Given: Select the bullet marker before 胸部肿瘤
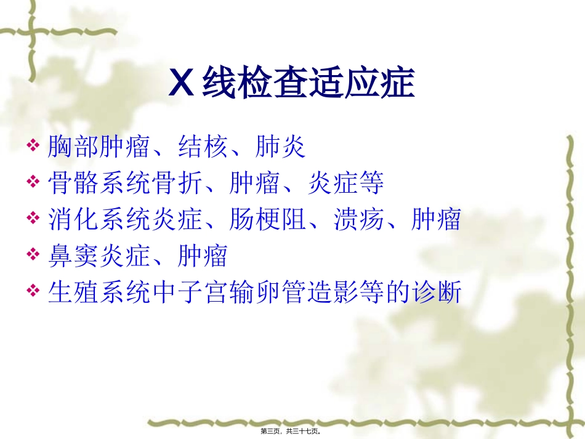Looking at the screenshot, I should coord(34,147).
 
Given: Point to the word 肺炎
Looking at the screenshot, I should coord(280,147).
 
